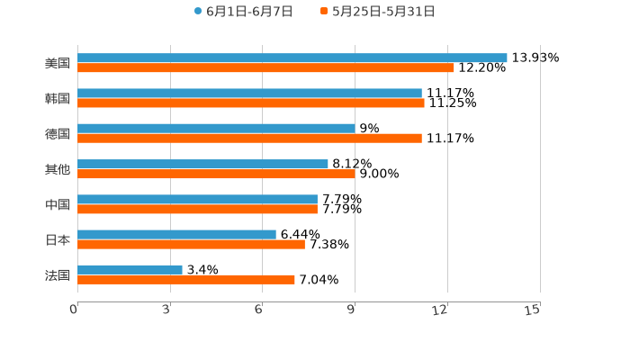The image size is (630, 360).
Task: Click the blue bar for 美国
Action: [292, 58]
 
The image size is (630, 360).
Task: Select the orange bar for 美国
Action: [265, 67]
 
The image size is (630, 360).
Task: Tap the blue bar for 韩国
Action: [249, 93]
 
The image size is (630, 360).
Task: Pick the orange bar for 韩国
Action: [251, 103]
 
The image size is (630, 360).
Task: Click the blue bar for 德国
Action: [216, 128]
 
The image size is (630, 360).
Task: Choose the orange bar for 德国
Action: [249, 138]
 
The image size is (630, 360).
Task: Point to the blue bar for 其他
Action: [202, 164]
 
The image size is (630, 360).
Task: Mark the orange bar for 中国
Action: [197, 209]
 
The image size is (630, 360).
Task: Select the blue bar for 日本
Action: [176, 234]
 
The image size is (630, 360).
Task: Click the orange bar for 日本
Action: [191, 244]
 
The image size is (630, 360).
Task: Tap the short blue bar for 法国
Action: [130, 269]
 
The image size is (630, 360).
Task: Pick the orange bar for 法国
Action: [186, 279]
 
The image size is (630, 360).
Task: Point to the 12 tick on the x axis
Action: [440, 310]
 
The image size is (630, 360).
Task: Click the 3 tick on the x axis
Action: [166, 310]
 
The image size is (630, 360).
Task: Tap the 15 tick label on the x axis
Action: [532, 310]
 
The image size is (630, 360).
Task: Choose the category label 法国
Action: [58, 274]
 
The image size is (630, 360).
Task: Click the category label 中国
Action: [58, 204]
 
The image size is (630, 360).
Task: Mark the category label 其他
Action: [58, 169]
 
